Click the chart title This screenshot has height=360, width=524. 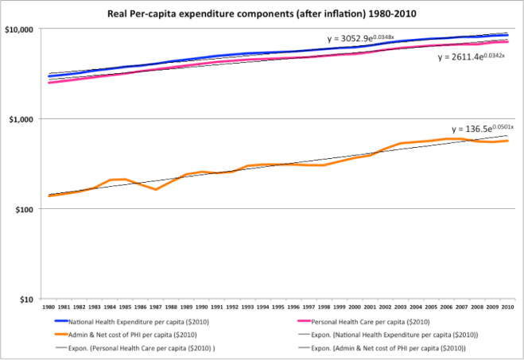click(x=262, y=14)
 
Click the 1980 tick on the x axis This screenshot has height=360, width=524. click(x=49, y=306)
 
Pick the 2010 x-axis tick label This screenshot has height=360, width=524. click(x=508, y=306)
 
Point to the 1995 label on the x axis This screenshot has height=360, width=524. click(x=278, y=306)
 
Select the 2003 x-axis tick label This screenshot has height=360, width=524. click(x=401, y=306)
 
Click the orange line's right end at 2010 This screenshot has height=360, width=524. click(x=508, y=141)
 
